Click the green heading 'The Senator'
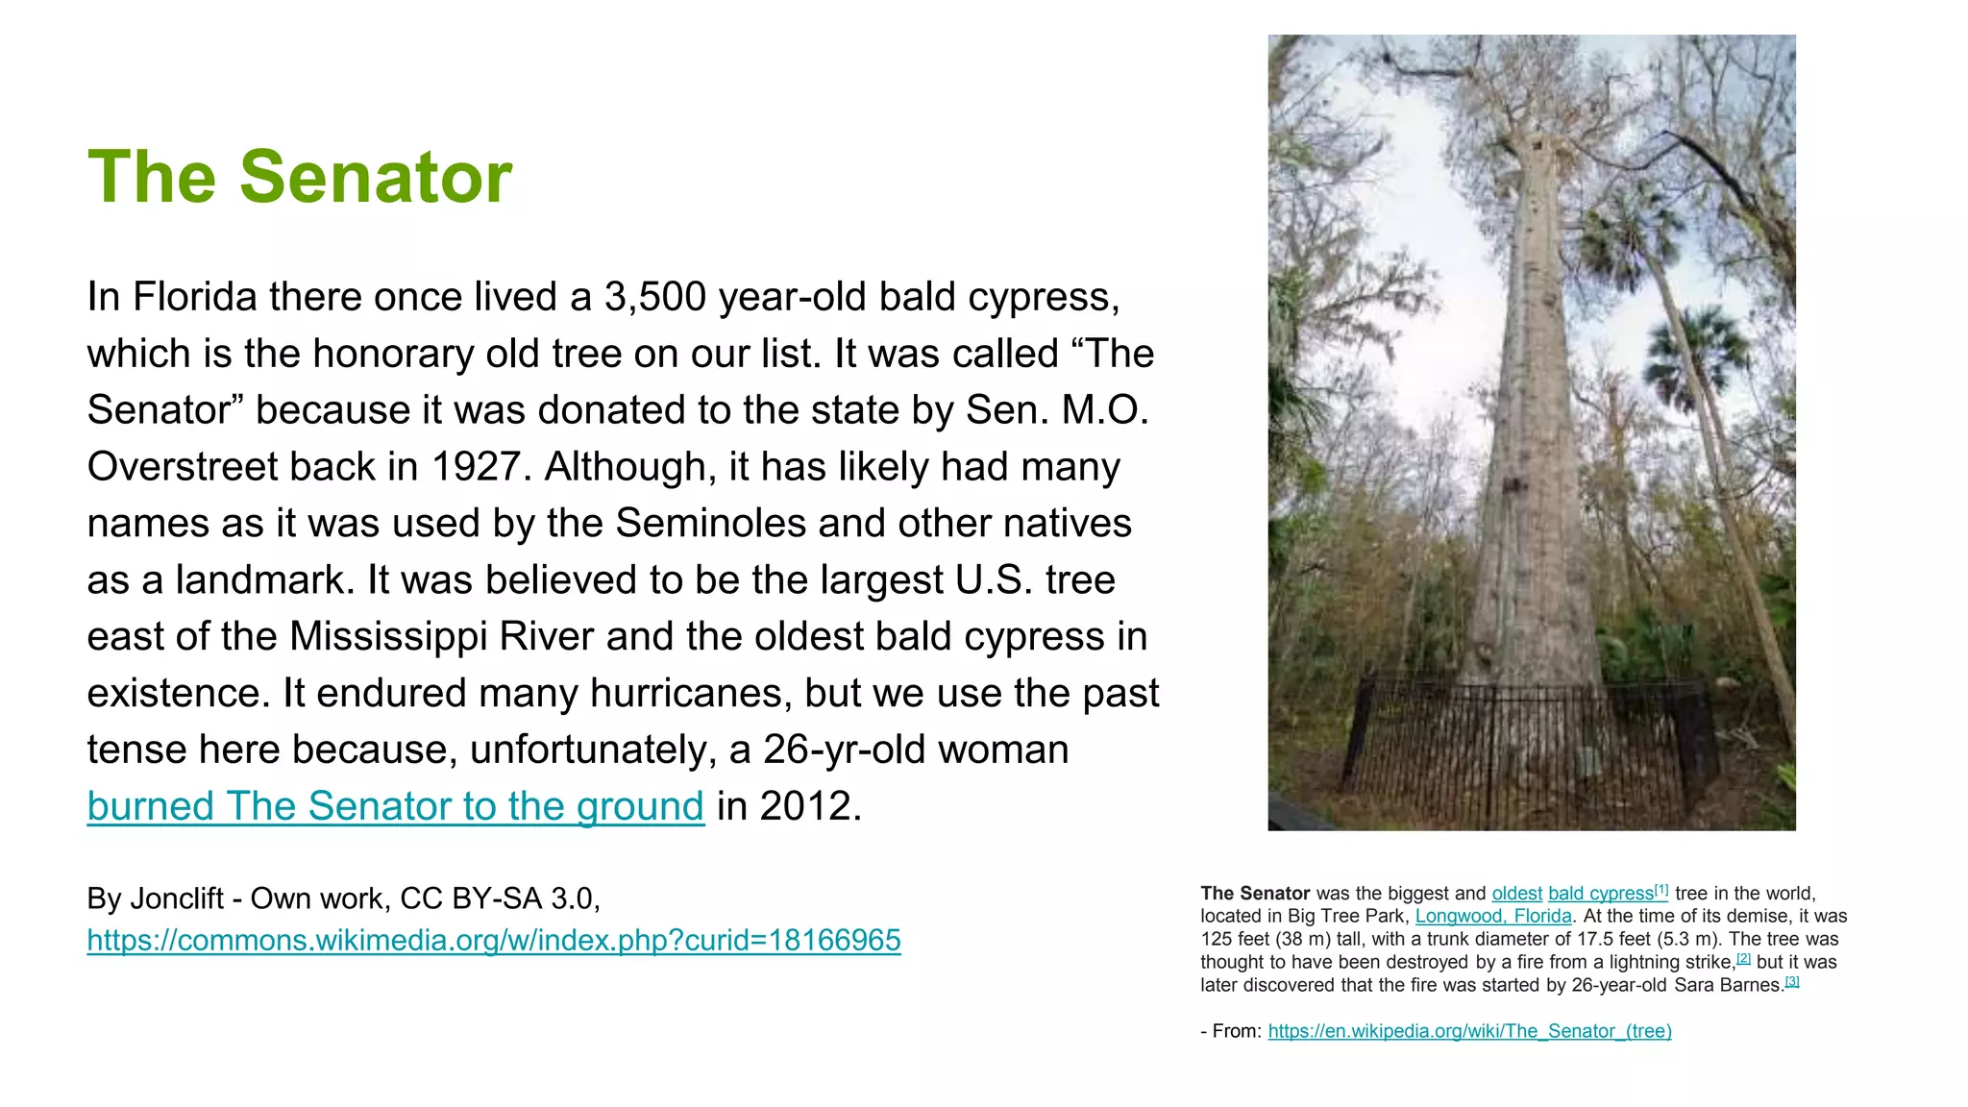click(x=300, y=178)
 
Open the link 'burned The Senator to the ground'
click(x=395, y=806)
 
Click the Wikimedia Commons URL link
click(x=494, y=940)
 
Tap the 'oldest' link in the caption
click(x=1516, y=894)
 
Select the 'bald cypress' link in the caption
click(x=1600, y=894)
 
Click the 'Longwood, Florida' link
click(x=1493, y=917)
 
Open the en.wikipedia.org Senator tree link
click(x=1469, y=1031)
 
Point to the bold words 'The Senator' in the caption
click(x=1255, y=894)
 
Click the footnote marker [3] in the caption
click(x=1792, y=982)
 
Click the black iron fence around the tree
click(x=1528, y=750)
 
